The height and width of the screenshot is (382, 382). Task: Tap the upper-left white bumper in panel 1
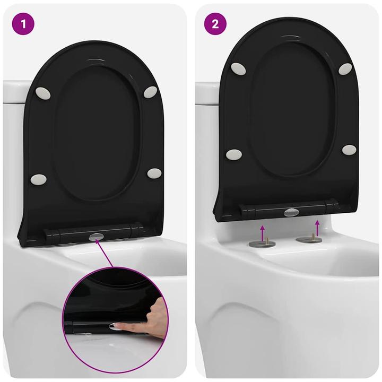(x=42, y=92)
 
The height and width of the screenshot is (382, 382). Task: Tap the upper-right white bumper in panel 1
(x=150, y=91)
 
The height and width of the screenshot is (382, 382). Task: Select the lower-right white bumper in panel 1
(x=154, y=173)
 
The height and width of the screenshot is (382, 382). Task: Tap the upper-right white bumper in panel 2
(x=345, y=69)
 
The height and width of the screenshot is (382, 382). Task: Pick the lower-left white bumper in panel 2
(x=234, y=154)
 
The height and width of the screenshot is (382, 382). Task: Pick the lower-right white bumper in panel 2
(x=349, y=150)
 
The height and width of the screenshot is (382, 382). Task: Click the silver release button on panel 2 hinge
(x=291, y=212)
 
